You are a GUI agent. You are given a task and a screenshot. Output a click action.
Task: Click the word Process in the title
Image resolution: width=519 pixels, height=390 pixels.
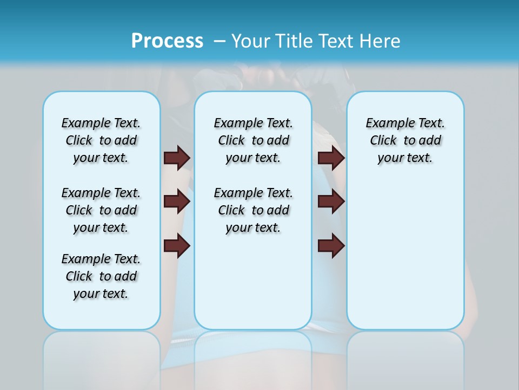click(167, 41)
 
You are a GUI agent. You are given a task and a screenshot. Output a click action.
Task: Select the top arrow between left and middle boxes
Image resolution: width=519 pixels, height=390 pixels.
click(177, 158)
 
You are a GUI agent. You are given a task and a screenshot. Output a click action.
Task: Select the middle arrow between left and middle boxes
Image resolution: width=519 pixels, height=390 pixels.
click(177, 201)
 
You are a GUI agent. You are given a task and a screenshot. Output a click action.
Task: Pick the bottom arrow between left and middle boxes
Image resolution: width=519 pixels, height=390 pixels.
click(177, 246)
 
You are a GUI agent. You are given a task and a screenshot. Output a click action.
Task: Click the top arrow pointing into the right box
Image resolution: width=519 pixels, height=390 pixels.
click(331, 158)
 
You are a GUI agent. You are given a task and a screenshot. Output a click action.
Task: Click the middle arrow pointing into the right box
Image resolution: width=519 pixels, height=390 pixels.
click(331, 201)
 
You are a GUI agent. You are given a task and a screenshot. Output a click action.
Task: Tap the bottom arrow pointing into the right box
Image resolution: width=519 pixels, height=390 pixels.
click(331, 246)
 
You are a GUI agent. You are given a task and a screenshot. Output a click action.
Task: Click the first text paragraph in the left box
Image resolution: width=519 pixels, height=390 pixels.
click(101, 140)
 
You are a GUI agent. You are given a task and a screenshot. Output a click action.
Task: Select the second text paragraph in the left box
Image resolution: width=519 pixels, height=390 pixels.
click(101, 210)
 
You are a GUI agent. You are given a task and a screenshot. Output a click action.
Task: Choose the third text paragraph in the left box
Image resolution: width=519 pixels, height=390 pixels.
click(101, 276)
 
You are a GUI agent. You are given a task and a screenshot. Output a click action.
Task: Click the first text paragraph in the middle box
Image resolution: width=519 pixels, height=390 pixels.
click(254, 140)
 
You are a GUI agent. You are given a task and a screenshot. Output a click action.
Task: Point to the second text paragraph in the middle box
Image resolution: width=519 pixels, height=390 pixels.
click(254, 210)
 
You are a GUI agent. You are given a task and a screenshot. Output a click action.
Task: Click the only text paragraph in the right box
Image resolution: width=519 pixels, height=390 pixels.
click(405, 140)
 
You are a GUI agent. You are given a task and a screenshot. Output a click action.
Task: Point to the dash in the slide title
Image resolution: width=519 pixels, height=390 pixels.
click(219, 41)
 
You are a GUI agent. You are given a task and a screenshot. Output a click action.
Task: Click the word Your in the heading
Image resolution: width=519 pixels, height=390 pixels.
click(252, 41)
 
